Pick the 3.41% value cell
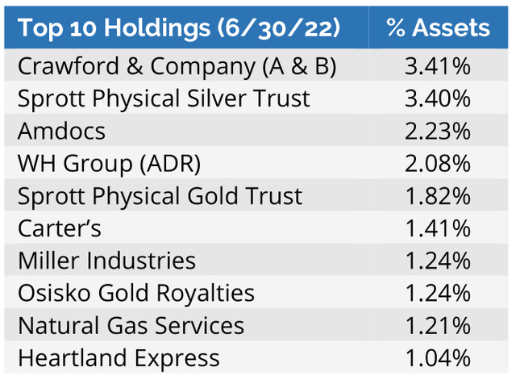pyautogui.click(x=438, y=66)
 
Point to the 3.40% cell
pyautogui.click(x=438, y=98)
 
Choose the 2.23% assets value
pyautogui.click(x=438, y=131)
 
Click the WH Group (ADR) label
pyautogui.click(x=109, y=163)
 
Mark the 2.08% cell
pyautogui.click(x=438, y=163)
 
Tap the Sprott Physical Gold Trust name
pyautogui.click(x=160, y=195)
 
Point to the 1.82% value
pyautogui.click(x=438, y=195)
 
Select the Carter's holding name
pyautogui.click(x=60, y=228)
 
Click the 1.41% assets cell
pyautogui.click(x=438, y=228)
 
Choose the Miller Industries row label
pyautogui.click(x=106, y=261)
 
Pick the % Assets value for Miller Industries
pyautogui.click(x=438, y=261)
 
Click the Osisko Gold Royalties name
pyautogui.click(x=136, y=293)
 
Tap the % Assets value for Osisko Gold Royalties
pyautogui.click(x=438, y=293)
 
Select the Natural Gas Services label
pyautogui.click(x=131, y=325)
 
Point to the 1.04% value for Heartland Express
pyautogui.click(x=438, y=357)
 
